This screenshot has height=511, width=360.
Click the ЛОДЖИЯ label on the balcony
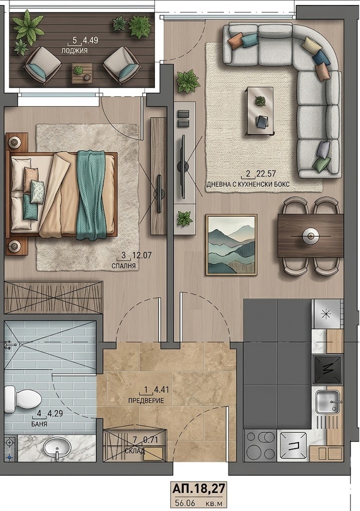pyautogui.click(x=74, y=50)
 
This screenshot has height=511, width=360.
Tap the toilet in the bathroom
pyautogui.click(x=23, y=399)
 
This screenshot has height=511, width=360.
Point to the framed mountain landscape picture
pyautogui.click(x=232, y=245)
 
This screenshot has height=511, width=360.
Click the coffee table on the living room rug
pyautogui.click(x=260, y=111)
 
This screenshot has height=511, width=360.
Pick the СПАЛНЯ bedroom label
pyautogui.click(x=124, y=266)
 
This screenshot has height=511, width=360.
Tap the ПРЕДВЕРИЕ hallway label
pyautogui.click(x=146, y=401)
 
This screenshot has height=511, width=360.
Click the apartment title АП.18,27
pyautogui.click(x=199, y=489)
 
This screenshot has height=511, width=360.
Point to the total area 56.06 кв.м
pyautogui.click(x=199, y=503)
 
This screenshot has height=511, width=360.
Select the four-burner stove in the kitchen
pyautogui.click(x=260, y=446)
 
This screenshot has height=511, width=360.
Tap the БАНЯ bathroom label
pyautogui.click(x=39, y=424)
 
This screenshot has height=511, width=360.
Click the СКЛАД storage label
pyautogui.click(x=135, y=451)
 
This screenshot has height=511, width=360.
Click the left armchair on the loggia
pyautogui.click(x=43, y=63)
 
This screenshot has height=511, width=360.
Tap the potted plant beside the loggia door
pyautogui.click(x=188, y=81)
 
